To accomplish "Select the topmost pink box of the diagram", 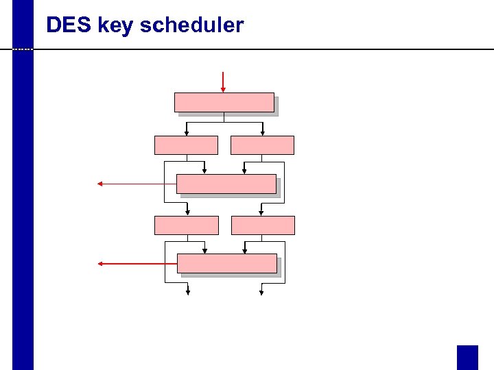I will click(224, 102).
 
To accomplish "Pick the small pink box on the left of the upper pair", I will click(186, 145).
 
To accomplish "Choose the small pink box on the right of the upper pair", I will click(263, 145).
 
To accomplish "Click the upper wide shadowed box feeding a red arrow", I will click(226, 184).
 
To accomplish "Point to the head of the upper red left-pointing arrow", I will click(100, 184).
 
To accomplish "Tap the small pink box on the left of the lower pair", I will click(187, 225).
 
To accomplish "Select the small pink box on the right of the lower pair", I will click(263, 225).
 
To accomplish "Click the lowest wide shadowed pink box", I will click(227, 264).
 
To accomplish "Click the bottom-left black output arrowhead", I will click(188, 292).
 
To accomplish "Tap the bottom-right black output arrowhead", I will click(261, 292).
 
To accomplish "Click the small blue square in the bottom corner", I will click(467, 357).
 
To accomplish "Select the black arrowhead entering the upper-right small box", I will click(263, 133).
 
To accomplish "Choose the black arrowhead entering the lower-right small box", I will click(261, 213).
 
